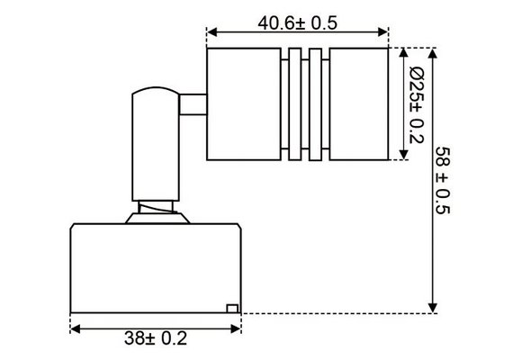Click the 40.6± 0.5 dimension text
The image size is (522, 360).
tap(296, 23)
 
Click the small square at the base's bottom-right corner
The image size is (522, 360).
tap(231, 308)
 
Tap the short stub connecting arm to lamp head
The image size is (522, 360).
tap(192, 107)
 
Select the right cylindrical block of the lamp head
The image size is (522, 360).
tap(358, 107)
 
